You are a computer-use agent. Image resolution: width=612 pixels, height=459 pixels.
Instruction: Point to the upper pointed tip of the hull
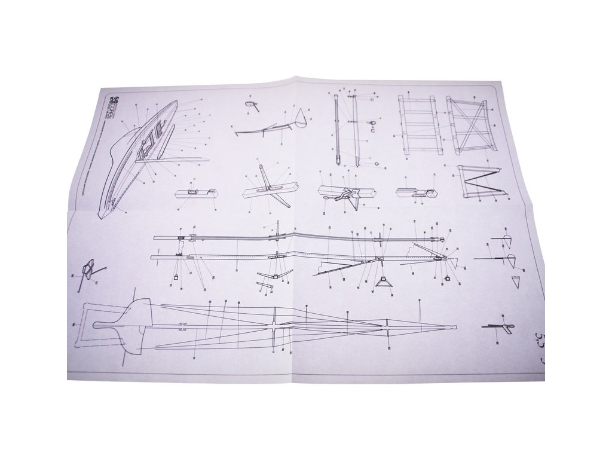tap(176, 102)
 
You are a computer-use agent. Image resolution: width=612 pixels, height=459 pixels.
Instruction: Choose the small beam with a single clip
tap(195, 193)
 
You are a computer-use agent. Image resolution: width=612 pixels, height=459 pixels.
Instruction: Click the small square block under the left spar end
tap(178, 277)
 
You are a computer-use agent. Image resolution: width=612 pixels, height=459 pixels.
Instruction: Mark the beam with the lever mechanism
tap(343, 193)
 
